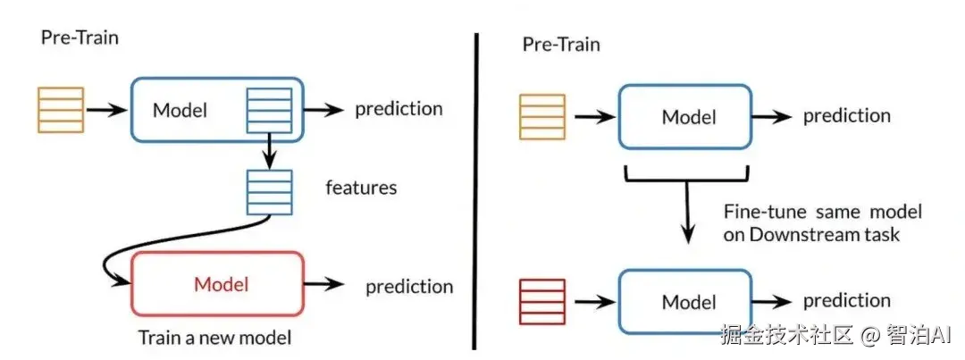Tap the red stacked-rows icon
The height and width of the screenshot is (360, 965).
(x=541, y=302)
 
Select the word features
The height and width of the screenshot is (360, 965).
(x=362, y=188)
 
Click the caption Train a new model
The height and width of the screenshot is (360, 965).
(x=214, y=339)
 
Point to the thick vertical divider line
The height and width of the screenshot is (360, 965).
(x=474, y=191)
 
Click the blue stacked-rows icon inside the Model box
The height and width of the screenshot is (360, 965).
(x=269, y=110)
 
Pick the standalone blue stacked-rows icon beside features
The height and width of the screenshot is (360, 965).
(x=269, y=191)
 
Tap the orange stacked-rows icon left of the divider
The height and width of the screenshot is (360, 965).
(x=61, y=110)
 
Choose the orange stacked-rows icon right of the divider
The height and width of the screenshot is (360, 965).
(x=541, y=117)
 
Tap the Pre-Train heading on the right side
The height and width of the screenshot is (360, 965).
(x=561, y=44)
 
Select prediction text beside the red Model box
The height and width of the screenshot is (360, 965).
(x=409, y=287)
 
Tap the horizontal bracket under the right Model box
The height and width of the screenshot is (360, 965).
(x=687, y=173)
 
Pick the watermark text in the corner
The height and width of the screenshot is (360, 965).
(x=840, y=336)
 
